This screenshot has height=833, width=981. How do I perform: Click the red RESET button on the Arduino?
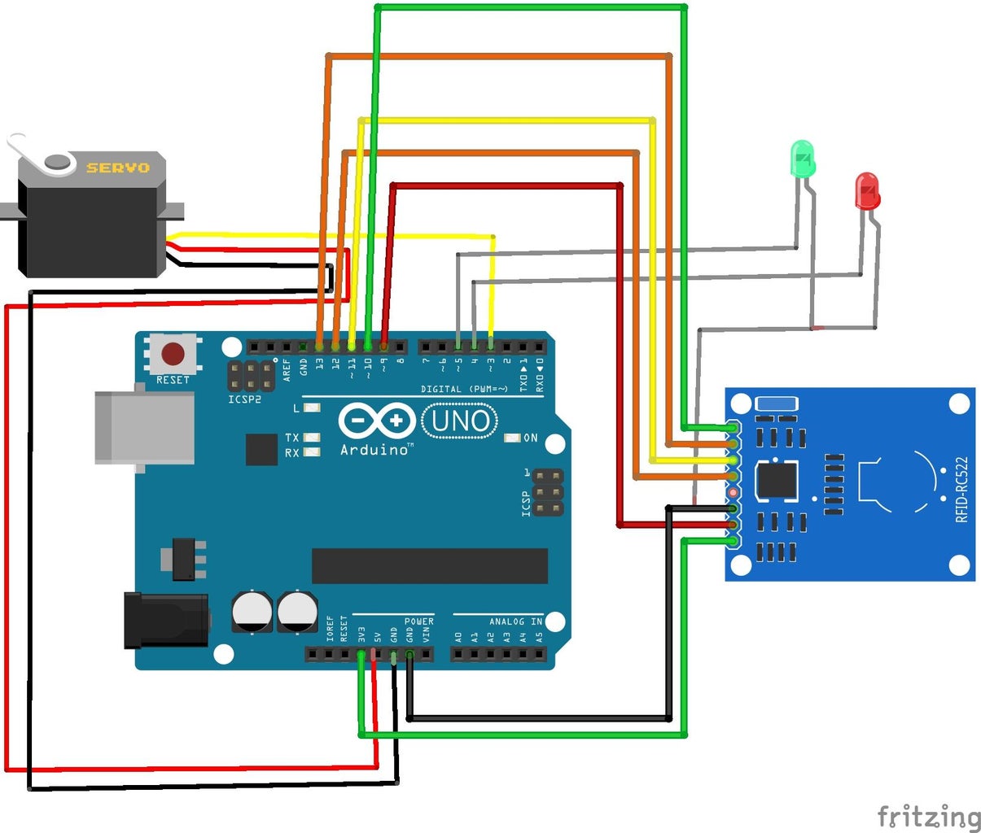(x=173, y=354)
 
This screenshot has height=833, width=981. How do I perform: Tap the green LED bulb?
(x=802, y=159)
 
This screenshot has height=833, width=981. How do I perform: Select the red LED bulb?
(x=866, y=190)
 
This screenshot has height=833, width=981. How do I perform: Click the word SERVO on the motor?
(x=118, y=168)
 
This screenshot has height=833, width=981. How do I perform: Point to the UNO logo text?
(x=461, y=421)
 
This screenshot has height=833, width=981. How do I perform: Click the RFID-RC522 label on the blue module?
(x=962, y=488)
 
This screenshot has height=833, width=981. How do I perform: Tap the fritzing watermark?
(x=929, y=816)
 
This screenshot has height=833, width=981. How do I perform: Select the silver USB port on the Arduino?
(x=144, y=428)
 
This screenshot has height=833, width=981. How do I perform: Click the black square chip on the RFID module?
(x=777, y=479)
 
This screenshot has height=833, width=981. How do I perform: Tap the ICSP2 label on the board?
(x=245, y=399)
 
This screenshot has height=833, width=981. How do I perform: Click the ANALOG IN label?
(x=515, y=621)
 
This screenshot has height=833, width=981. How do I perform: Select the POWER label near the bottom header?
(x=419, y=621)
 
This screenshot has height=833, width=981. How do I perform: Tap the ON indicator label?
(x=530, y=438)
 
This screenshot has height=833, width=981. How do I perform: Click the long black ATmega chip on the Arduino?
(x=429, y=565)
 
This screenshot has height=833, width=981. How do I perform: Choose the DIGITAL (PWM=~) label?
(x=463, y=389)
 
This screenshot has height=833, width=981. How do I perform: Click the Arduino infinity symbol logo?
(x=376, y=421)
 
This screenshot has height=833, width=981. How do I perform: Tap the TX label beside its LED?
(x=291, y=438)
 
